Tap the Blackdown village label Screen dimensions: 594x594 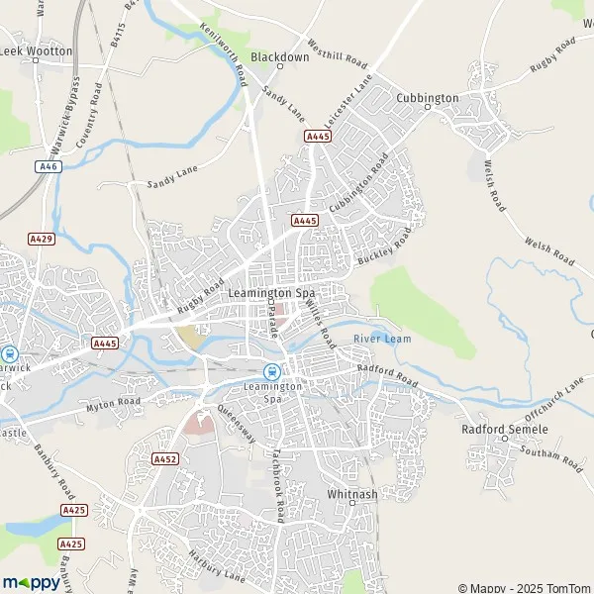tap(279, 57)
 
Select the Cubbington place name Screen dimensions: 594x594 tap(427, 98)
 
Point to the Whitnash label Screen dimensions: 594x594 tap(347, 493)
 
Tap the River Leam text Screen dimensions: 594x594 tap(382, 339)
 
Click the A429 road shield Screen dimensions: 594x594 tap(41, 239)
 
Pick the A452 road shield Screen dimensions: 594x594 tap(165, 459)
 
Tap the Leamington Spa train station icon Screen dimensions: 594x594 tap(270, 370)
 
